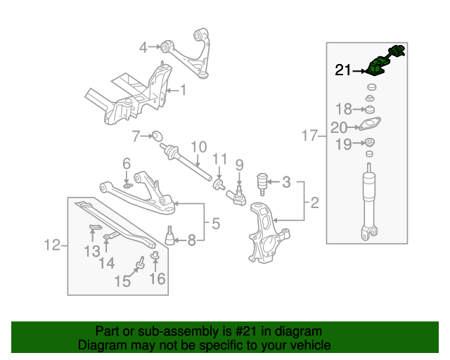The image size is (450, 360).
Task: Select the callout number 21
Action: click(343, 70)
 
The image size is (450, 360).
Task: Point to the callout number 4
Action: click(143, 48)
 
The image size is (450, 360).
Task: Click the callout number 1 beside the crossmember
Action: click(183, 90)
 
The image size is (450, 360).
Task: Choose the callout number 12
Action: click(51, 245)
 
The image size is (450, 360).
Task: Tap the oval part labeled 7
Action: click(157, 134)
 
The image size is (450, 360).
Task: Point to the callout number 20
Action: click(339, 127)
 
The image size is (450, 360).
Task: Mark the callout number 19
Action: click(343, 145)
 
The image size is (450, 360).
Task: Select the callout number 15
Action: click(122, 281)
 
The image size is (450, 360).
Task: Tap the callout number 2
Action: click(314, 204)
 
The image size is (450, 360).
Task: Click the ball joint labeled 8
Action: click(169, 235)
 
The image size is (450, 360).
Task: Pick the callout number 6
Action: click(127, 163)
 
